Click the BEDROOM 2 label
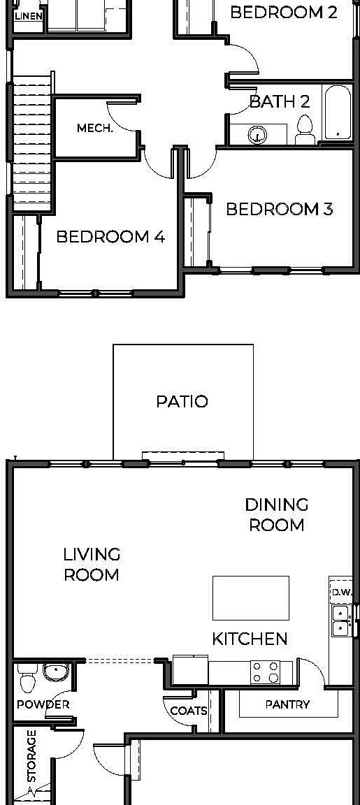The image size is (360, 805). click(283, 12)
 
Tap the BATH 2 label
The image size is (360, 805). click(280, 101)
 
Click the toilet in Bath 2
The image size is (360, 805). click(305, 130)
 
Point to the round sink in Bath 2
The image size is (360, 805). click(258, 134)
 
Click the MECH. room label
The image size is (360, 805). click(94, 128)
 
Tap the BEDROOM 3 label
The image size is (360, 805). click(279, 209)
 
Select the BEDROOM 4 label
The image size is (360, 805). click(110, 237)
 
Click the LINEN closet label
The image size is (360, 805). click(28, 15)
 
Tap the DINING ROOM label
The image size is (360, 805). click(277, 514)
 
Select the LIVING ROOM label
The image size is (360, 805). click(92, 565)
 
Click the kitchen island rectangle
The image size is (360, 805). click(250, 598)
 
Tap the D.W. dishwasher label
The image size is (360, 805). click(342, 592)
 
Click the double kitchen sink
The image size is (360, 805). click(340, 621)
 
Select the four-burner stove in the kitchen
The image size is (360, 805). click(266, 672)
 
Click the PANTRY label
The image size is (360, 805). click(287, 704)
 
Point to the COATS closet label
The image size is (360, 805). click(189, 711)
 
